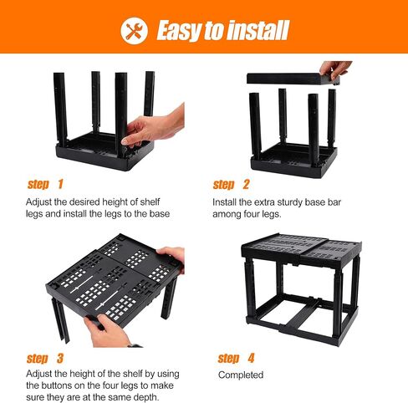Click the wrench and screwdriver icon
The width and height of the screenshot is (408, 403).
134,30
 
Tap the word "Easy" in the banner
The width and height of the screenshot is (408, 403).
180,31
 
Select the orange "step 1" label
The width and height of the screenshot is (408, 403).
45,184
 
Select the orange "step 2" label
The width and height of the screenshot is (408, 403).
231,185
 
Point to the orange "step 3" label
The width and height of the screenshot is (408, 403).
45,359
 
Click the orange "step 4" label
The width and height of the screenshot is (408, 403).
236,359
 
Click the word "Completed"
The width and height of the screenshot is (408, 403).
241,375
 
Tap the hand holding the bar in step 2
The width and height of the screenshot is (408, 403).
335,70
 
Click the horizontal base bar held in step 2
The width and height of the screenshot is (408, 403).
293,79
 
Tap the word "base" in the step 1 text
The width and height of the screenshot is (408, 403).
160,214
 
